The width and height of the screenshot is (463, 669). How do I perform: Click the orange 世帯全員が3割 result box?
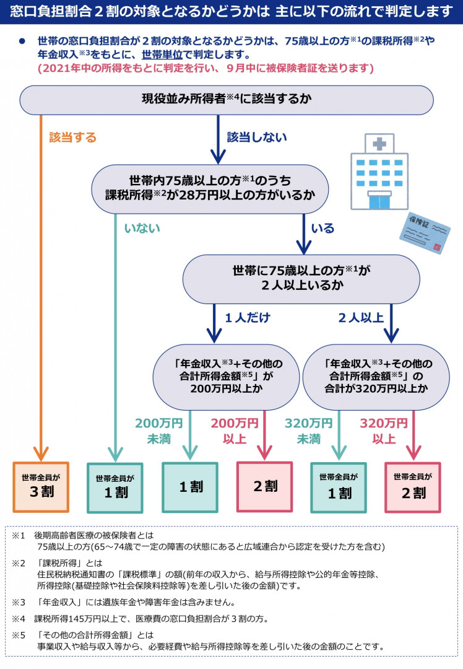click(41, 487)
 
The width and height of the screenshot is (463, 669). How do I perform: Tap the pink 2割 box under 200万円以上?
click(265, 486)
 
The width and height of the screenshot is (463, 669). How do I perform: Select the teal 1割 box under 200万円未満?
click(190, 487)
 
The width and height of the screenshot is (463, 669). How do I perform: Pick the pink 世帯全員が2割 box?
click(413, 488)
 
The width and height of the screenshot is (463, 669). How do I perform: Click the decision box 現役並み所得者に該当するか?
click(227, 100)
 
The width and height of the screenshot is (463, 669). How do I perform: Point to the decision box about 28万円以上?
click(210, 189)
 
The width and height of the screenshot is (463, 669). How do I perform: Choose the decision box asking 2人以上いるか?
click(301, 279)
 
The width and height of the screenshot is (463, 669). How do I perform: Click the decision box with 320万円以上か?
click(376, 377)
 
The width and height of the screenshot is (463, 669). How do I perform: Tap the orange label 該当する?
click(72, 138)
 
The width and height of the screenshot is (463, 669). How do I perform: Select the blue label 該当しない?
click(257, 137)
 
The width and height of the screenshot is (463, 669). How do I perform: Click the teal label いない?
click(142, 228)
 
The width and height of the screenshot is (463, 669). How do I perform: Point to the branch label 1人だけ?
click(248, 317)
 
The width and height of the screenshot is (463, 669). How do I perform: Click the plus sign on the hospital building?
click(379, 144)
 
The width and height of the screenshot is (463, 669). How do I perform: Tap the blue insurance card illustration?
click(425, 233)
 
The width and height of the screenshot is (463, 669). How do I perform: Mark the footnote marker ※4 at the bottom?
click(19, 619)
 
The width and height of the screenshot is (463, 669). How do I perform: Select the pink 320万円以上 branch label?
click(384, 431)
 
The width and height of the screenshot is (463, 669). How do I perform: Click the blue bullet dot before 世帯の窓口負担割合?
click(22, 42)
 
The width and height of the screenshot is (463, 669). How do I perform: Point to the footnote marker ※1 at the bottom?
click(19, 535)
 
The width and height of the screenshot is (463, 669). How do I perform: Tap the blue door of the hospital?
click(379, 201)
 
